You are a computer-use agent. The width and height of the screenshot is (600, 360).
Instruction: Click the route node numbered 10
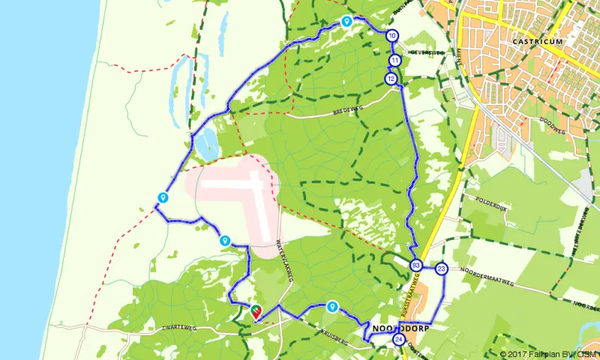tap(392, 35)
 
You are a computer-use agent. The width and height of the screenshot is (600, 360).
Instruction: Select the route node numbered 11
tap(394, 61)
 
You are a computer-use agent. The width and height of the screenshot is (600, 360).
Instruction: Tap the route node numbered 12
tap(391, 79)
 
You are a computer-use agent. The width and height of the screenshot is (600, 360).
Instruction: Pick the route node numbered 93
tap(415, 265)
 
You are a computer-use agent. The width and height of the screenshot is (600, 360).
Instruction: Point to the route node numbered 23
tap(441, 268)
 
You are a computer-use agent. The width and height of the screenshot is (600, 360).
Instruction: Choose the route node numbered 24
tap(398, 340)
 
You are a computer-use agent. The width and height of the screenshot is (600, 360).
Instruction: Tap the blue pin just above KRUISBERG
tap(332, 306)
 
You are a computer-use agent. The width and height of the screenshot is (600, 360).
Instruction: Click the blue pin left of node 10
tap(346, 22)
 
